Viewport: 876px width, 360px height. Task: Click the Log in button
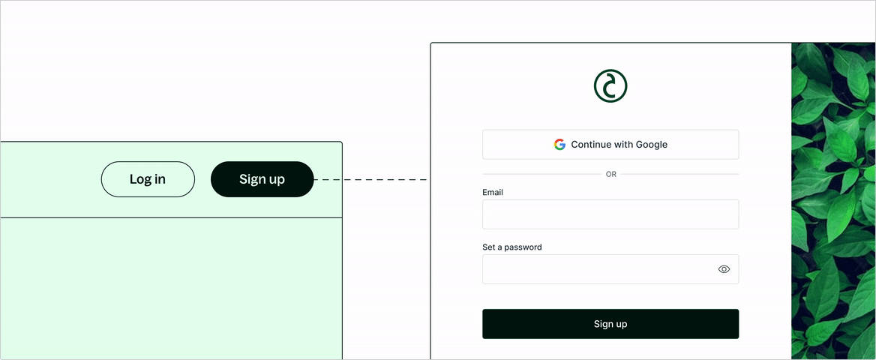click(x=148, y=179)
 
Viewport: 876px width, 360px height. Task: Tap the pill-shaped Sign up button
click(x=262, y=179)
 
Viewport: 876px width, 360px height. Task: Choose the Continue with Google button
click(x=610, y=145)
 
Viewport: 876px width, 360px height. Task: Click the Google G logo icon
click(x=559, y=145)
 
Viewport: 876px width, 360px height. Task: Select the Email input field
click(x=610, y=214)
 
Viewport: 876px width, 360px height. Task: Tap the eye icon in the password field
click(x=724, y=269)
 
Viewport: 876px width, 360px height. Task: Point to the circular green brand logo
click(x=610, y=86)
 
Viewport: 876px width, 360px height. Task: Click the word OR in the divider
click(x=610, y=174)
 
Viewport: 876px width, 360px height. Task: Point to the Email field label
click(x=493, y=193)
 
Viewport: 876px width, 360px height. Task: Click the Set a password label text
click(x=511, y=247)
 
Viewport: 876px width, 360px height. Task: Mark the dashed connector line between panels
click(x=371, y=180)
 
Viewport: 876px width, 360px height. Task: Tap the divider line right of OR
click(x=679, y=174)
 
